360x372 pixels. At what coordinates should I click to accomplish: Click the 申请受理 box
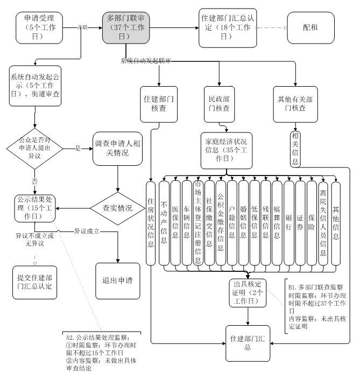pos(39,28)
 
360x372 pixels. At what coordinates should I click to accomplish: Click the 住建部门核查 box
pos(159,104)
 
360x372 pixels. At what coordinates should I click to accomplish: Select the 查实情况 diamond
pos(117,207)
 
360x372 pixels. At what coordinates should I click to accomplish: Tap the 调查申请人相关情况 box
pos(117,148)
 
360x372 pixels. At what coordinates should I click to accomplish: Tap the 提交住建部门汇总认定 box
pos(34,280)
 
